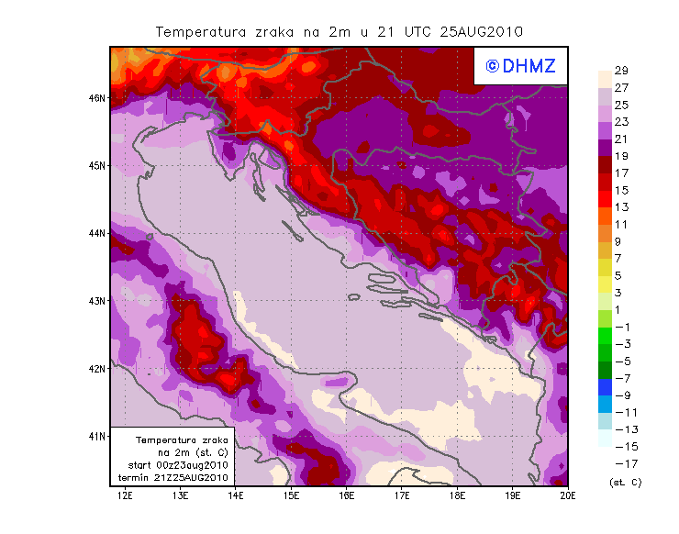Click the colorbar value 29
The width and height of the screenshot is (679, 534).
621,71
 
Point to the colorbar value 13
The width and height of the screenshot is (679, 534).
621,207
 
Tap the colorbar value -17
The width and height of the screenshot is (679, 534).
621,463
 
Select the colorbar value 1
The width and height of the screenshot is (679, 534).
621,309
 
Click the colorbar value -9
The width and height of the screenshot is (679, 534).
621,395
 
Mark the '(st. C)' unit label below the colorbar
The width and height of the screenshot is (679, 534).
625,482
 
